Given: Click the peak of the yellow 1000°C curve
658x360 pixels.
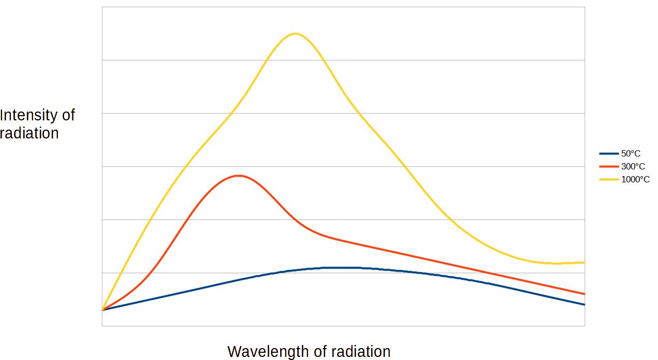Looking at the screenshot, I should pos(295,34).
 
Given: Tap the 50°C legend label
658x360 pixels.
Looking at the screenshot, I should pos(631,153).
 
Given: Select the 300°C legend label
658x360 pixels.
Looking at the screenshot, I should pos(633,166).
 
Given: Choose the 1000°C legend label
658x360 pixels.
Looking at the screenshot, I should pos(635,179).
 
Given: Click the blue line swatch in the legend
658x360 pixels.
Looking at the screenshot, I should pos(609,153).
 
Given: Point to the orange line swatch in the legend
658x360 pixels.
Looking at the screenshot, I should pos(609,166).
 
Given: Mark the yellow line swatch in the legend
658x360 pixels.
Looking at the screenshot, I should pos(609,179).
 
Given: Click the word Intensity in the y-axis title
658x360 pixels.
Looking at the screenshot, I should pos(30,115).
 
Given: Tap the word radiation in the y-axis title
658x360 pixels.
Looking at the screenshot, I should pos(29,133).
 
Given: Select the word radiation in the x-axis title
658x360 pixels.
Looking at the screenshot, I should pos(360,352).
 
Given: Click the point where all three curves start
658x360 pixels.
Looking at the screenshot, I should pos(102,310).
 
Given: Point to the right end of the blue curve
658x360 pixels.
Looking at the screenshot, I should pos(584,305).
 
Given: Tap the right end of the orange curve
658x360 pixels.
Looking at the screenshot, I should pos(584,294).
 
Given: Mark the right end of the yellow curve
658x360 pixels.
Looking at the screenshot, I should pos(584,262).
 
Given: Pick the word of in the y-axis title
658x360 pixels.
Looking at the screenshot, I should pos(69,115).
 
